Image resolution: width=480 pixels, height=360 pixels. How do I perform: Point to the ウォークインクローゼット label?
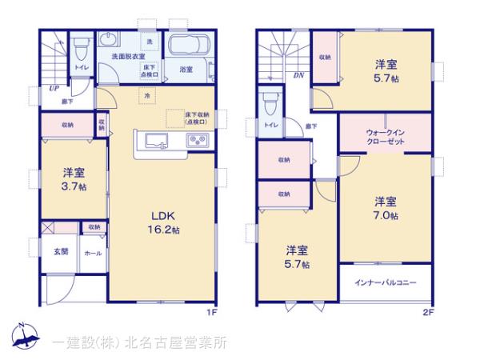385,136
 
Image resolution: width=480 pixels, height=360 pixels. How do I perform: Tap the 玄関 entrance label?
61,252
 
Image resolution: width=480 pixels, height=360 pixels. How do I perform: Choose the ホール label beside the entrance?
93,252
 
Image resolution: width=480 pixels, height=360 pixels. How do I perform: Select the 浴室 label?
186,70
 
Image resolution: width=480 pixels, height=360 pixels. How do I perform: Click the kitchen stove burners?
198,142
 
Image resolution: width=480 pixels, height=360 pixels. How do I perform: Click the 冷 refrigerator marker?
147,96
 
